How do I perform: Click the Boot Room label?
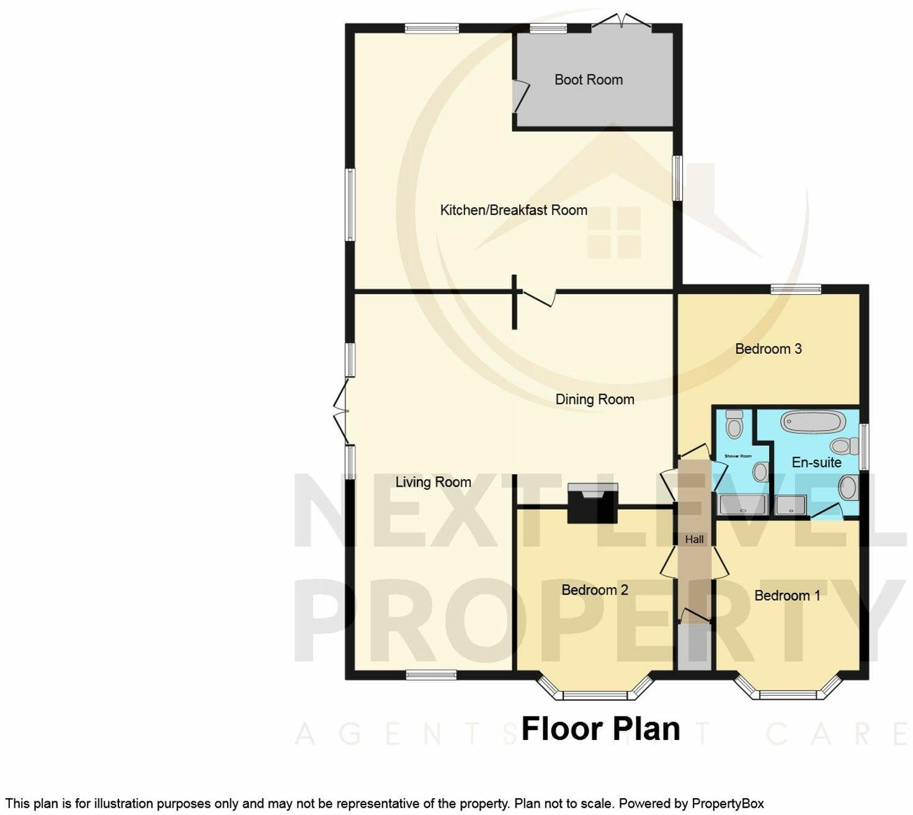pyautogui.click(x=588, y=79)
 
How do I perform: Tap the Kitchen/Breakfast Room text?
pyautogui.click(x=514, y=210)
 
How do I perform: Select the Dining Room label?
pyautogui.click(x=594, y=399)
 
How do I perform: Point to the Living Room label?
pyautogui.click(x=433, y=482)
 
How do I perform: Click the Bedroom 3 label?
pyautogui.click(x=768, y=349)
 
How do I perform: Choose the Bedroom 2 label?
pyautogui.click(x=594, y=590)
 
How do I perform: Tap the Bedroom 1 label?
pyautogui.click(x=786, y=595)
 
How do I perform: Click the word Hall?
pyautogui.click(x=694, y=539)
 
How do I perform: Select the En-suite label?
pyautogui.click(x=816, y=462)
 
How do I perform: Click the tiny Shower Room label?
pyautogui.click(x=737, y=456)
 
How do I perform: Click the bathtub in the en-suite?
pyautogui.click(x=813, y=422)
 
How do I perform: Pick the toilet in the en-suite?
pyautogui.click(x=841, y=445)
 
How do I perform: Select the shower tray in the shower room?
pyautogui.click(x=742, y=505)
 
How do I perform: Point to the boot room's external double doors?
pyautogui.click(x=621, y=22)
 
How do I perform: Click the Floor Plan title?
pyautogui.click(x=600, y=729)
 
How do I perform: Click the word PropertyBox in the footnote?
pyautogui.click(x=727, y=803)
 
